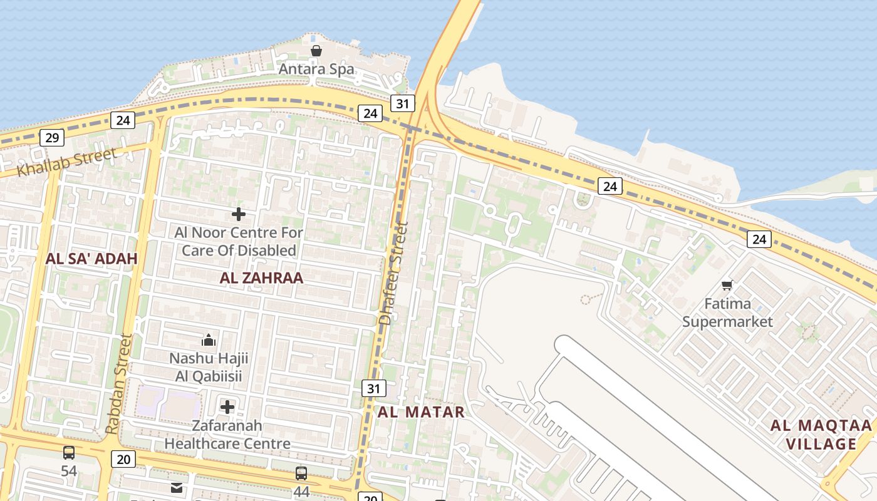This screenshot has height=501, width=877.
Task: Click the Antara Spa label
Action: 316,69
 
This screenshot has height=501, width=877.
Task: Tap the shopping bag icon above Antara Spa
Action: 316,51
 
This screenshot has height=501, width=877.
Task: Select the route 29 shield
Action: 52,138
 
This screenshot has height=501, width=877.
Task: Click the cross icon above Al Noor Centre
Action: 239,214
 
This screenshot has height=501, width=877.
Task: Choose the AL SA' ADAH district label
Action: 91,258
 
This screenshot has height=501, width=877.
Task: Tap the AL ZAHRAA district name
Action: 261,277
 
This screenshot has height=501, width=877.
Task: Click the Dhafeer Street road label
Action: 394,273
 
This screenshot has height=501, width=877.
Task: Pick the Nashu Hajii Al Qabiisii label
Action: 209,367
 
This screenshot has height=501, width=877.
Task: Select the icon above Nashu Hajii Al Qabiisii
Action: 209,340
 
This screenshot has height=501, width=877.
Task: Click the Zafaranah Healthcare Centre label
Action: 227,435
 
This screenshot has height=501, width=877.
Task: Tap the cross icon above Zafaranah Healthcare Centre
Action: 227,407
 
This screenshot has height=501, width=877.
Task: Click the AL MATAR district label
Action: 421,411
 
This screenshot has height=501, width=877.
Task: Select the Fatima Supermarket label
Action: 727,312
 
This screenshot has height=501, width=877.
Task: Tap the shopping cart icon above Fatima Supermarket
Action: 727,286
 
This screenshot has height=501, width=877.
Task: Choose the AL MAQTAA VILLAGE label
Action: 821,435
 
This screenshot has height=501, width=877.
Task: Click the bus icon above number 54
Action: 69,452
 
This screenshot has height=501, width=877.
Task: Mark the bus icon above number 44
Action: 301,473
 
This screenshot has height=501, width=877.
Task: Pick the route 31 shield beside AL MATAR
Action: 373,388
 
